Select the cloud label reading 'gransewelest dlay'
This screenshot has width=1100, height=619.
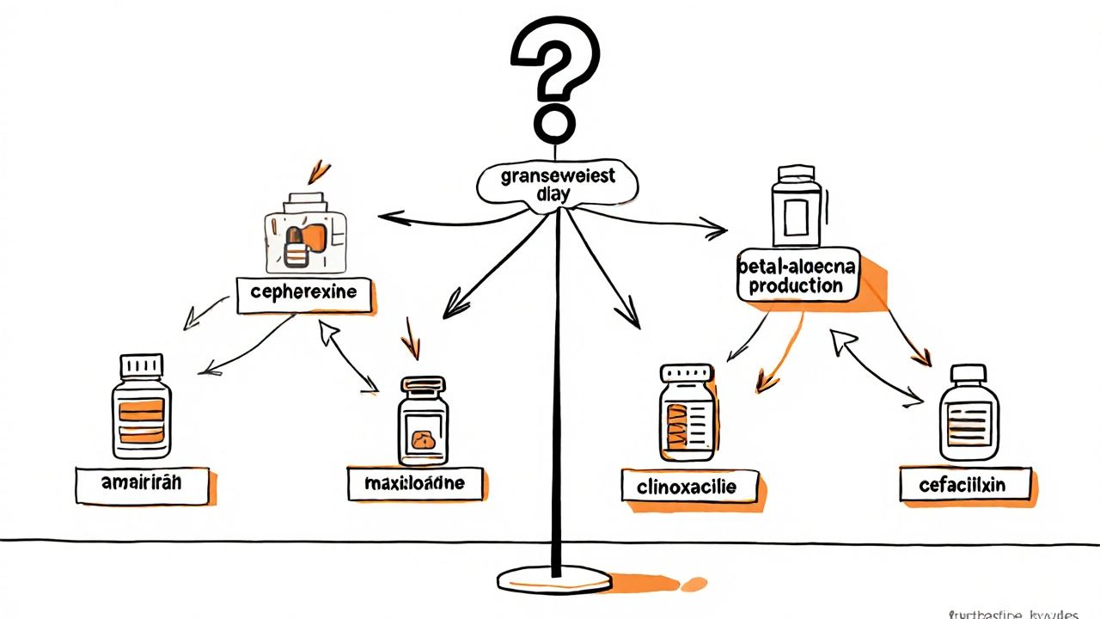(x=559, y=185)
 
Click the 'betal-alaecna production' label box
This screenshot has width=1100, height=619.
(x=797, y=276)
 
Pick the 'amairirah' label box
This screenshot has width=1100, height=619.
(x=142, y=485)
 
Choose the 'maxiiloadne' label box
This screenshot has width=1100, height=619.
(x=417, y=483)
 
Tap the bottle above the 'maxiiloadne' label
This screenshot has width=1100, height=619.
(x=422, y=421)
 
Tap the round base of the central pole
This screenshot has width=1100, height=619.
(x=555, y=579)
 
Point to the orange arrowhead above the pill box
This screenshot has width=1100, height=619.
(x=319, y=169)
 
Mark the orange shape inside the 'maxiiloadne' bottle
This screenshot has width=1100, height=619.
(x=423, y=439)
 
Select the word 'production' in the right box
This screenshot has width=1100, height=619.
(x=796, y=286)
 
